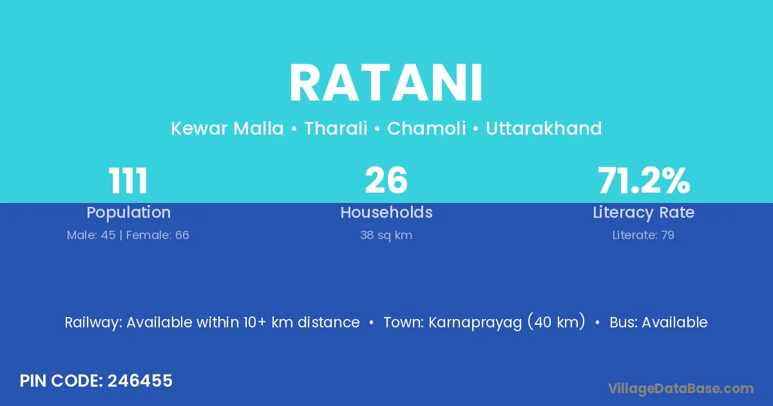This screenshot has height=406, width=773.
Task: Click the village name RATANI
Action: [x=386, y=83]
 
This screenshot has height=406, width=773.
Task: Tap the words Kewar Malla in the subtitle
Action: [x=227, y=128]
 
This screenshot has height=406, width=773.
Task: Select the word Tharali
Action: [x=336, y=128]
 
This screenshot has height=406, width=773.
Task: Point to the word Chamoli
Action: [x=426, y=128]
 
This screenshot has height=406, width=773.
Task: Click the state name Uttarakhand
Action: [x=544, y=128]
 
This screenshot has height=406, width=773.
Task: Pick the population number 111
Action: [x=128, y=180]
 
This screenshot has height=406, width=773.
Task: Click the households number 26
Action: [x=386, y=180]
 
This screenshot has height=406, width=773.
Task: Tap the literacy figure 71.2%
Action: [x=644, y=180]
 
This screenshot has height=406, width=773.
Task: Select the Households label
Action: [x=386, y=212]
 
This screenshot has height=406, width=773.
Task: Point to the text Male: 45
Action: [x=91, y=235]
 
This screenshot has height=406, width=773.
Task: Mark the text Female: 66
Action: [x=157, y=235]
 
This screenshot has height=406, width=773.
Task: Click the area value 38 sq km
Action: [x=386, y=235]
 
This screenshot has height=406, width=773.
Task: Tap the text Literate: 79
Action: [x=644, y=235]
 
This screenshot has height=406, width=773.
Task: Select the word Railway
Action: [x=93, y=323]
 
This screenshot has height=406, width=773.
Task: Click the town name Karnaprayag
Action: [x=475, y=323]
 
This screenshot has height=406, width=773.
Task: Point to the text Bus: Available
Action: [x=658, y=322]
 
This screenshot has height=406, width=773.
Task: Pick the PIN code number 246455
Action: [x=140, y=381]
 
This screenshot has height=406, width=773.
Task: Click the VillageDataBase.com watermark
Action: [x=681, y=389]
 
